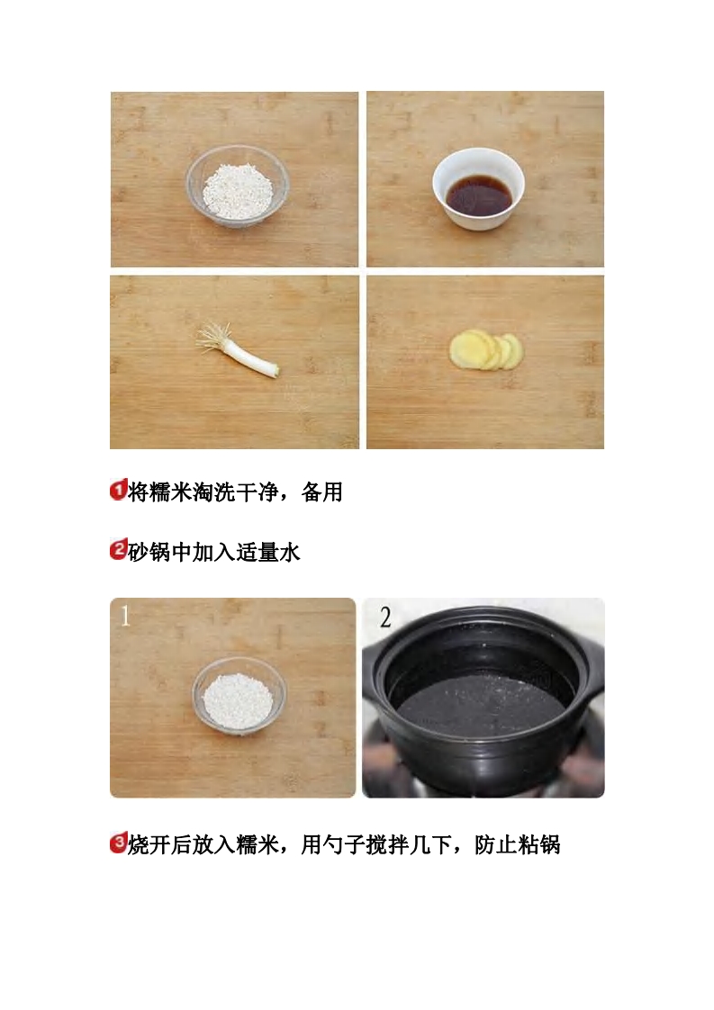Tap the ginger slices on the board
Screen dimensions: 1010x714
486,351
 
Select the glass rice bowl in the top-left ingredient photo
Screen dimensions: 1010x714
237,186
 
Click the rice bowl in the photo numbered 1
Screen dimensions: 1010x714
239,697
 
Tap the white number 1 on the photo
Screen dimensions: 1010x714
125,617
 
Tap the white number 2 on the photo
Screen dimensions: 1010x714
385,618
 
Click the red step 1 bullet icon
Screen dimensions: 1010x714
118,491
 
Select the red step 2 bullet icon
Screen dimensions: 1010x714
118,551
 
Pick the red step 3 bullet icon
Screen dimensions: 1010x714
118,844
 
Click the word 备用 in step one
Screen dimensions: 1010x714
322,492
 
